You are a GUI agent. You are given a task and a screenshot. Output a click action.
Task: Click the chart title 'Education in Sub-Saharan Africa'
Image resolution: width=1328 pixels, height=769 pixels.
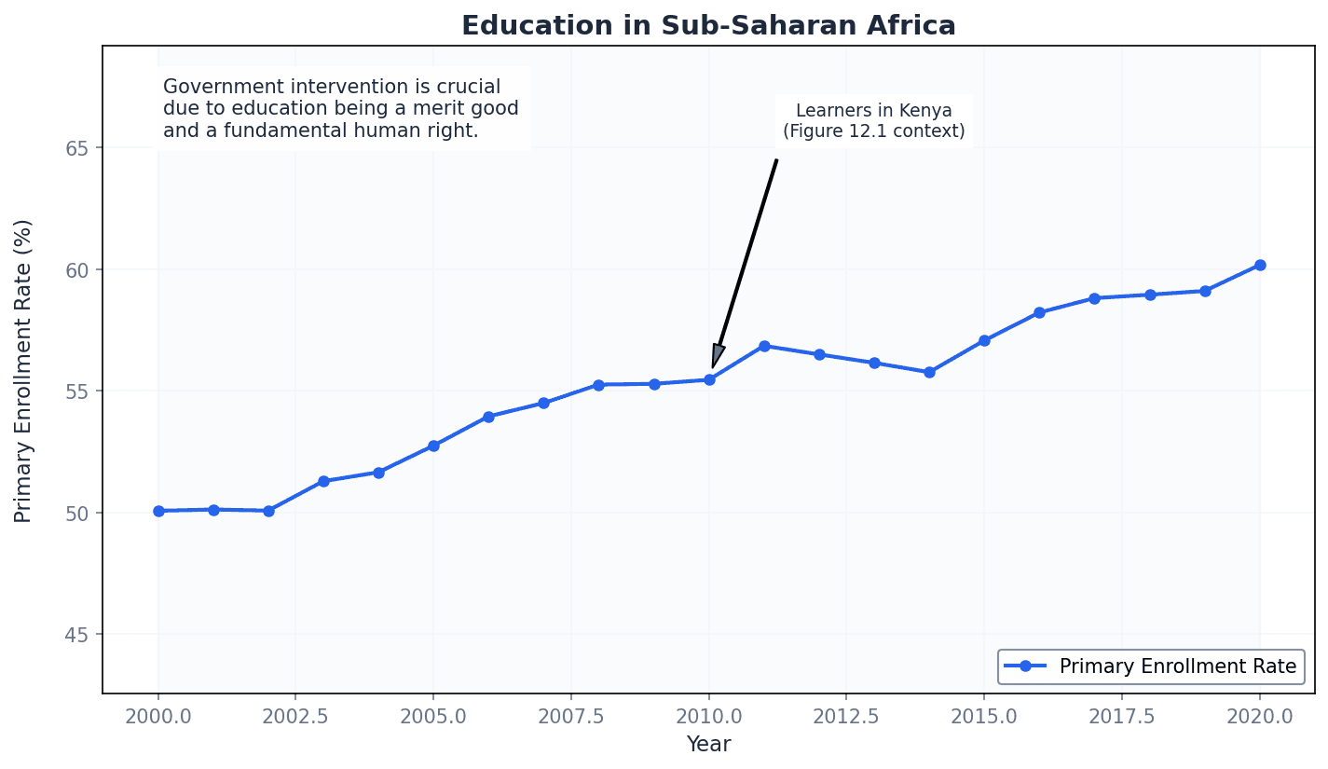tap(708, 25)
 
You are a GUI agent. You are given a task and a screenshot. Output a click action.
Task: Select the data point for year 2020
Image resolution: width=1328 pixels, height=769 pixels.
tap(1259, 265)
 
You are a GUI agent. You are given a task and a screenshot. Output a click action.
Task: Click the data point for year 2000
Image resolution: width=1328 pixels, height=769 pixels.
tap(158, 511)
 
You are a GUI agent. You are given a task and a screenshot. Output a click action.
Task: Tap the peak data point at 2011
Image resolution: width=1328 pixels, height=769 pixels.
tap(764, 346)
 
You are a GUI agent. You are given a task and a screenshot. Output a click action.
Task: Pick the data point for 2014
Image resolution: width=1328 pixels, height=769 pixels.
tap(929, 372)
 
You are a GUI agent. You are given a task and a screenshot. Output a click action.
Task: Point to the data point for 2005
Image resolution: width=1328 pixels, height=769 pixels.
tap(433, 446)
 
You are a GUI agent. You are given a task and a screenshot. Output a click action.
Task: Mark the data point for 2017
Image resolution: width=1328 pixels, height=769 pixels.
tap(1094, 298)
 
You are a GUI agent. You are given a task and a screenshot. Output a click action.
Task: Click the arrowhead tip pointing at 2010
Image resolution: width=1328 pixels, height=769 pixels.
tap(713, 368)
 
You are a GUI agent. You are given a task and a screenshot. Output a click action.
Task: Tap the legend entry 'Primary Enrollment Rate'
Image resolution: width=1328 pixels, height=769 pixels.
tap(1177, 666)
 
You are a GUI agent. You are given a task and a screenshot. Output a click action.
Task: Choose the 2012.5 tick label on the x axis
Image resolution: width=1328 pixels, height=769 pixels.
tap(845, 717)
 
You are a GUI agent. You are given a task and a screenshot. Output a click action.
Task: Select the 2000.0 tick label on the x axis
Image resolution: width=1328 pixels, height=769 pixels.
tap(158, 717)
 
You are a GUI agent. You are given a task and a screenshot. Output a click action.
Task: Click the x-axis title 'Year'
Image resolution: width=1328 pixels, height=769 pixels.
tap(708, 745)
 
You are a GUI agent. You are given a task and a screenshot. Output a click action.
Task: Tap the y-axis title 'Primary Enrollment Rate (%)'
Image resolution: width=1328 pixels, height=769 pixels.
tap(23, 370)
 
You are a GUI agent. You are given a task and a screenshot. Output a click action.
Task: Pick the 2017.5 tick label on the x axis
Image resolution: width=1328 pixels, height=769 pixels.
tap(1121, 717)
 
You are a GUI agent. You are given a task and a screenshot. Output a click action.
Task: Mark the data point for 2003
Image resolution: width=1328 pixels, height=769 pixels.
tap(323, 481)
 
